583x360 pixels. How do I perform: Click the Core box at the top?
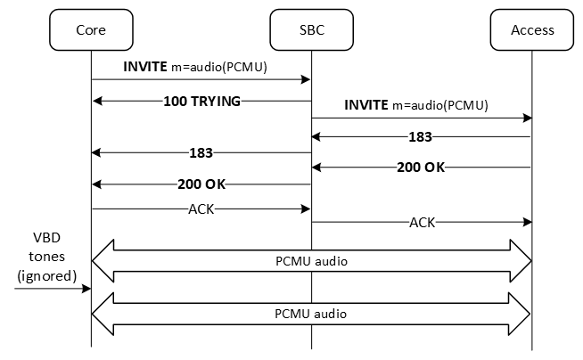click(x=91, y=29)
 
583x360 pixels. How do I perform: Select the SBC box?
click(x=311, y=29)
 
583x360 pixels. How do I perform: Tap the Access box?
click(x=532, y=29)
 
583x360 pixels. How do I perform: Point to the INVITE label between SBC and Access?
click(x=416, y=105)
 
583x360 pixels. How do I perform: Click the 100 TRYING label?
click(x=202, y=101)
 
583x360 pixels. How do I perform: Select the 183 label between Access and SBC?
click(x=420, y=137)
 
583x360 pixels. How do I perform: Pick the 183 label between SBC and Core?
click(x=201, y=152)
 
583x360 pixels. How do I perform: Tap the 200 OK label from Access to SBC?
click(x=420, y=168)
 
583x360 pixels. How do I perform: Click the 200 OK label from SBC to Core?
click(x=201, y=184)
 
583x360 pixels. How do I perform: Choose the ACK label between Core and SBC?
click(x=201, y=209)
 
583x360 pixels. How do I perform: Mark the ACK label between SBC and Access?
click(x=422, y=222)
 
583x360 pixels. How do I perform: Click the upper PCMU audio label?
click(x=311, y=260)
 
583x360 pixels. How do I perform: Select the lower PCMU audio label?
click(x=311, y=314)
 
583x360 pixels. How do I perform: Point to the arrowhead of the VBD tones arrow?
click(x=86, y=288)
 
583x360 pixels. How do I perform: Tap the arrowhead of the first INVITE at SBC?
click(x=306, y=80)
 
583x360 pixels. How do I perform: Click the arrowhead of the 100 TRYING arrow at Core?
click(x=96, y=101)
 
